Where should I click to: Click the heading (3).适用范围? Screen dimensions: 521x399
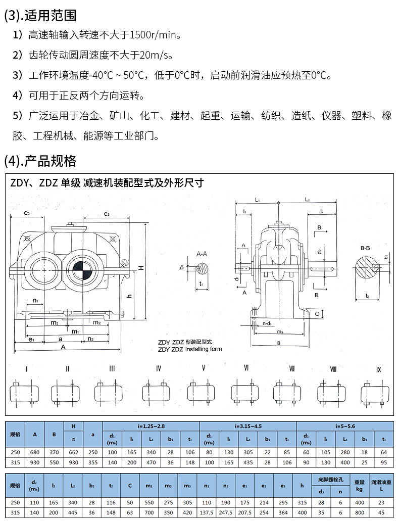(x=40, y=15)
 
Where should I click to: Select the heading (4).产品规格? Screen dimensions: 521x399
(x=40, y=161)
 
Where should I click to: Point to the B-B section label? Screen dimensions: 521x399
(x=365, y=248)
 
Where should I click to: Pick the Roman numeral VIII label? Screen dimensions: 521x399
(x=333, y=369)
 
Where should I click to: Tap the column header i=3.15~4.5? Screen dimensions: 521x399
(x=247, y=426)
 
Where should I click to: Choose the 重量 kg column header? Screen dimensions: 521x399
(x=359, y=486)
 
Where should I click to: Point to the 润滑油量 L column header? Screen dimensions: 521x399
(x=381, y=486)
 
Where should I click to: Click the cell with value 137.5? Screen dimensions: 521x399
(x=207, y=512)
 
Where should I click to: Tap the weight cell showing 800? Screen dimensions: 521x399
(x=359, y=512)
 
